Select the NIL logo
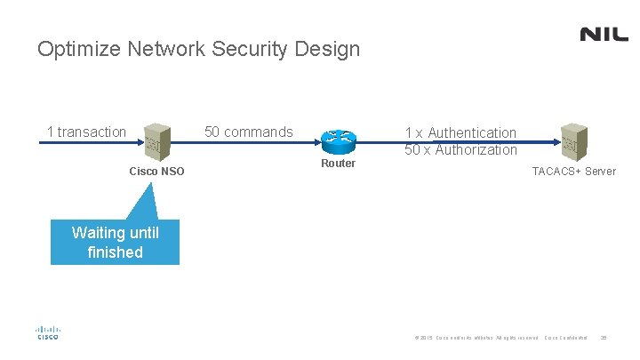(x=604, y=35)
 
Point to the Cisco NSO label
(x=156, y=171)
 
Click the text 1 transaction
(x=86, y=132)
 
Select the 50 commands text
(x=248, y=132)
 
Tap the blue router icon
(x=339, y=139)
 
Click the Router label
(x=338, y=164)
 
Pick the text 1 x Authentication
(x=460, y=132)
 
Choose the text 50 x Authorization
(x=460, y=149)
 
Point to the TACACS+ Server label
(x=573, y=171)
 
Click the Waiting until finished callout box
(x=115, y=243)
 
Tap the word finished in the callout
(x=115, y=252)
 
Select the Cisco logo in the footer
(x=47, y=332)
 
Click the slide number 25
(x=604, y=338)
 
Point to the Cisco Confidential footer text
(x=565, y=338)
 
